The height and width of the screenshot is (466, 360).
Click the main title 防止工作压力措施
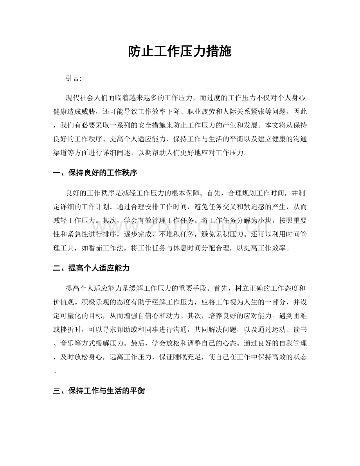click(x=180, y=51)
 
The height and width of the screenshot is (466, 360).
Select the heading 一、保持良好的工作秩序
click(x=94, y=173)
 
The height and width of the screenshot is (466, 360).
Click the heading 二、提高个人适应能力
click(x=91, y=268)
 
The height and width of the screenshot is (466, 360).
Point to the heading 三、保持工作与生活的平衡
click(x=99, y=390)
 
